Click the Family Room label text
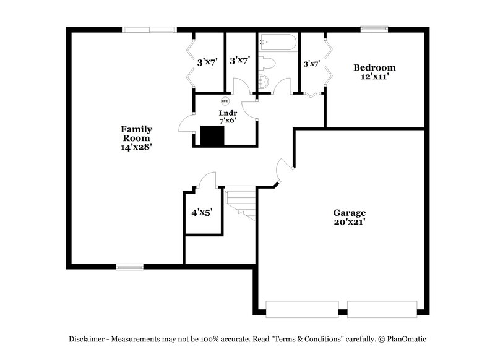point(136,133)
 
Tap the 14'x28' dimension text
point(136,147)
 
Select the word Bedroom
point(374,67)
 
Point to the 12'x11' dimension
point(374,77)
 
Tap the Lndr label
point(225,113)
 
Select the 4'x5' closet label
point(202,212)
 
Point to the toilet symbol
point(267,63)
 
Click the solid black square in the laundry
point(211,136)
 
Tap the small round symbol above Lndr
point(225,101)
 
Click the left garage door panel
point(301,308)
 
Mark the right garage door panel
point(382,308)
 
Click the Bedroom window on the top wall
point(374,28)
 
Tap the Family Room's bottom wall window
point(129,267)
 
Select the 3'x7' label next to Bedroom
point(311,63)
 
